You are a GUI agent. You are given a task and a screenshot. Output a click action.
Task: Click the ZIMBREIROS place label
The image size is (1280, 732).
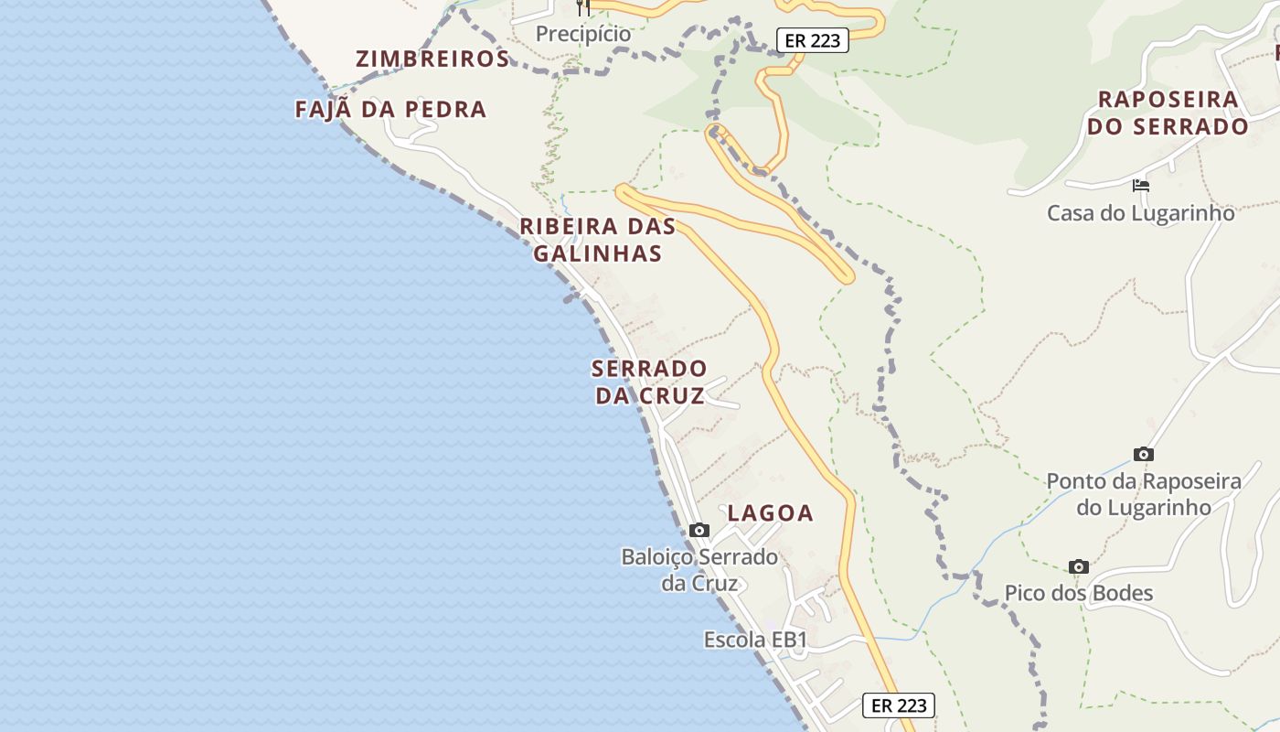coord(432,59)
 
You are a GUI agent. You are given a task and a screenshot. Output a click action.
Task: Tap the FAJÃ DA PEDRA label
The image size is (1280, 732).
coord(390,110)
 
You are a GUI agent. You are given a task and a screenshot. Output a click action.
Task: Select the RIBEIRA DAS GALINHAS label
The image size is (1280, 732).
coord(598,240)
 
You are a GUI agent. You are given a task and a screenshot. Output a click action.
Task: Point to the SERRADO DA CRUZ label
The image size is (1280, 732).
coord(649,382)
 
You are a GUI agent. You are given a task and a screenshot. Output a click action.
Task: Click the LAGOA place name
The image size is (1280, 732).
coord(770,513)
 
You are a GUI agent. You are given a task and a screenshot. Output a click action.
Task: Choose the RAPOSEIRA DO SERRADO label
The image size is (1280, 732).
coord(1168,113)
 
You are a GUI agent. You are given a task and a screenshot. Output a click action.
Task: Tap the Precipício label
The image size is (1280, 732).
coord(583,34)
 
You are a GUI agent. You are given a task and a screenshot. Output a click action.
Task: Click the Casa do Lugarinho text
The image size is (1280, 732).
coord(1140,213)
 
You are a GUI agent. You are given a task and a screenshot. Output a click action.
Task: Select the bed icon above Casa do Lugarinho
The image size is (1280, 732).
coord(1140,185)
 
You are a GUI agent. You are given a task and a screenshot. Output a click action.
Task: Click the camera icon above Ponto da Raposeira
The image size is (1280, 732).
coord(1143,454)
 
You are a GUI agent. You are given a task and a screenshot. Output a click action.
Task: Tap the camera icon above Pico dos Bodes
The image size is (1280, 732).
coord(1079,566)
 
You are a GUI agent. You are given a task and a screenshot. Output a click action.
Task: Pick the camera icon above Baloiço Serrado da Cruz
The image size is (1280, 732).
coord(699,530)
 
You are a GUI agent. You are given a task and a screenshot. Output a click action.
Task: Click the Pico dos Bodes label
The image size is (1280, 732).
coord(1079,593)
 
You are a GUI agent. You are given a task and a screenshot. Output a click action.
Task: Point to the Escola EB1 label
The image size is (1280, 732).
coord(755,640)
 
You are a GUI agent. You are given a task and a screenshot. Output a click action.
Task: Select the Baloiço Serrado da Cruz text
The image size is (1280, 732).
coord(699,570)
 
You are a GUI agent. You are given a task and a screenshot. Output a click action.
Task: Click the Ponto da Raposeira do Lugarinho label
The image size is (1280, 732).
coord(1143,494)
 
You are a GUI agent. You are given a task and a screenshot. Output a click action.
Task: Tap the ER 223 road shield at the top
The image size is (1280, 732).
coord(812,40)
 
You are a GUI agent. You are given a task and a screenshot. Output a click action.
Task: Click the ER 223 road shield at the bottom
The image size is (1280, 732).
coord(898,705)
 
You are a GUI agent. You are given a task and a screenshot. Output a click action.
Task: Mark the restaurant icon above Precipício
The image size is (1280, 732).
coord(583,7)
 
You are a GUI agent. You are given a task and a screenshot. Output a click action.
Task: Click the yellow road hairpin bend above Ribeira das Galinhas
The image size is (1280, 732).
coord(623,191)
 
